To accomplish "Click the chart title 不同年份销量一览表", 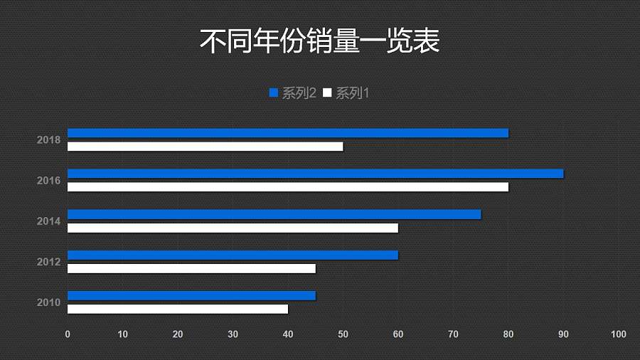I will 319,41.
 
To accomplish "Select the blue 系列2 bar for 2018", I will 288,133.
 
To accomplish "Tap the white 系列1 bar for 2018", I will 205,147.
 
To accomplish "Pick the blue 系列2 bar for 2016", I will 315,174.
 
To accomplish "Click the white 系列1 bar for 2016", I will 288,187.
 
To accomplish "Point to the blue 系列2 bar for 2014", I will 274,214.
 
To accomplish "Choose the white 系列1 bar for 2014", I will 233,228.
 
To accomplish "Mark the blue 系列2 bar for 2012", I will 233,255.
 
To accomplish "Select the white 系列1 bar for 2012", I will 191,268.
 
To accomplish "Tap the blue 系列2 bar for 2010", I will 191,295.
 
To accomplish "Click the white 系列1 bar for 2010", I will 178,309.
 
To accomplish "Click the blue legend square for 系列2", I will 274,93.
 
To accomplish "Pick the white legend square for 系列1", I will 327,93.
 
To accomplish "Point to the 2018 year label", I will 48,140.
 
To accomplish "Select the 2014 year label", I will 48,221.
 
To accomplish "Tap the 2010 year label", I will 48,302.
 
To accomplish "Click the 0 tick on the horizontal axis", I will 68,334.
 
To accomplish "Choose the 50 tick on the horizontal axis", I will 343,334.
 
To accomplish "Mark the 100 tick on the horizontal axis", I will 618,334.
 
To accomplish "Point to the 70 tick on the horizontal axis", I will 453,334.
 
